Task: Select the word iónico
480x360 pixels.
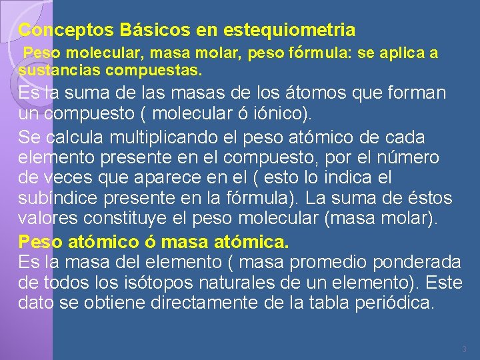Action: pos(284,114)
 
